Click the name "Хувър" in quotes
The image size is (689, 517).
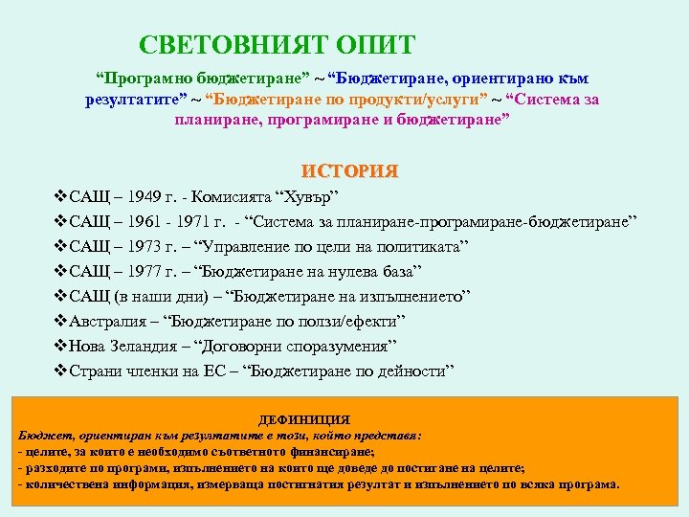pyautogui.click(x=306, y=200)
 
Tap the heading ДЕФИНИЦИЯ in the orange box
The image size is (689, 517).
pyautogui.click(x=305, y=419)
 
